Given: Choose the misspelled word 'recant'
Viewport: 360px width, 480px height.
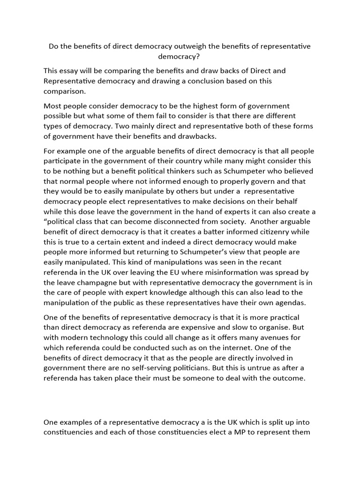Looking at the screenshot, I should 270,262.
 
